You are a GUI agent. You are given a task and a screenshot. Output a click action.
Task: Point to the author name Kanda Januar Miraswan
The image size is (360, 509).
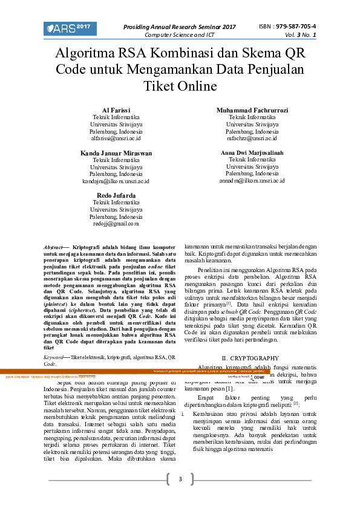click(116, 153)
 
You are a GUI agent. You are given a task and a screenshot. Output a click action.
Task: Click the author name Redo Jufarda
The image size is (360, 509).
click(116, 194)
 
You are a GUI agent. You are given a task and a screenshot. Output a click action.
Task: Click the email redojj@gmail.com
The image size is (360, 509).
click(116, 223)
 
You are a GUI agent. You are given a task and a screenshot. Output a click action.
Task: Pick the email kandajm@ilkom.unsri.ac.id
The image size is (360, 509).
click(116, 181)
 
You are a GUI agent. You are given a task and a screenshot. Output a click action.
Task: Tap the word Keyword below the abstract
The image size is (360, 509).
click(56, 358)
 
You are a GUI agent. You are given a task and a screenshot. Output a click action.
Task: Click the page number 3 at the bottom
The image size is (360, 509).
click(180, 479)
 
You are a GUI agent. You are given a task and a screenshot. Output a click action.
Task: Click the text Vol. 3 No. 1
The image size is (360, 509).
click(301, 35)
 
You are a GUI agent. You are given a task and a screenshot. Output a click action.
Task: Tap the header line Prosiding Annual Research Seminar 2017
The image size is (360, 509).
click(180, 27)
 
